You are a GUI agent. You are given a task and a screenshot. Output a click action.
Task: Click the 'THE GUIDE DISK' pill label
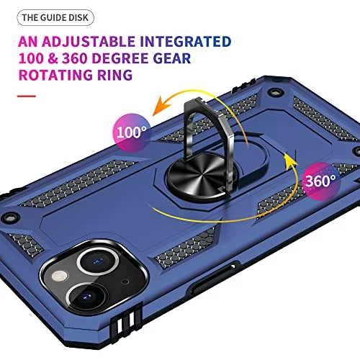(x=55, y=18)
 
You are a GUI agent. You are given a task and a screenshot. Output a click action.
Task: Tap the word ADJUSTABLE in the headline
(x=89, y=42)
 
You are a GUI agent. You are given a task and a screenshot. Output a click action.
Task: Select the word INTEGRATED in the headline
(x=186, y=42)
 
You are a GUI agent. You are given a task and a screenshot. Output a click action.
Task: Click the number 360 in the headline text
(x=74, y=58)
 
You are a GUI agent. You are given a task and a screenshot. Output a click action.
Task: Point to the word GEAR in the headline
(x=172, y=58)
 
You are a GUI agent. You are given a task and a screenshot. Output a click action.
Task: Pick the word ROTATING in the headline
(x=55, y=75)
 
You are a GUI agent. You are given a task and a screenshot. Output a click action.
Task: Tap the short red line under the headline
(x=27, y=96)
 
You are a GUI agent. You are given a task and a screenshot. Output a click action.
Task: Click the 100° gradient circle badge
(x=132, y=132)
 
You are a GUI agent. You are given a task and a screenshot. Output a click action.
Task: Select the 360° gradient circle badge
(x=321, y=181)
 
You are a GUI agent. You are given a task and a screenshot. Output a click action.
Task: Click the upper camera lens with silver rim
(x=98, y=261)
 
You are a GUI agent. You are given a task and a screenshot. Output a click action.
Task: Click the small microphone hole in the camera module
(x=125, y=282)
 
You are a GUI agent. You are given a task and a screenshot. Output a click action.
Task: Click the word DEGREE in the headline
(x=120, y=58)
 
